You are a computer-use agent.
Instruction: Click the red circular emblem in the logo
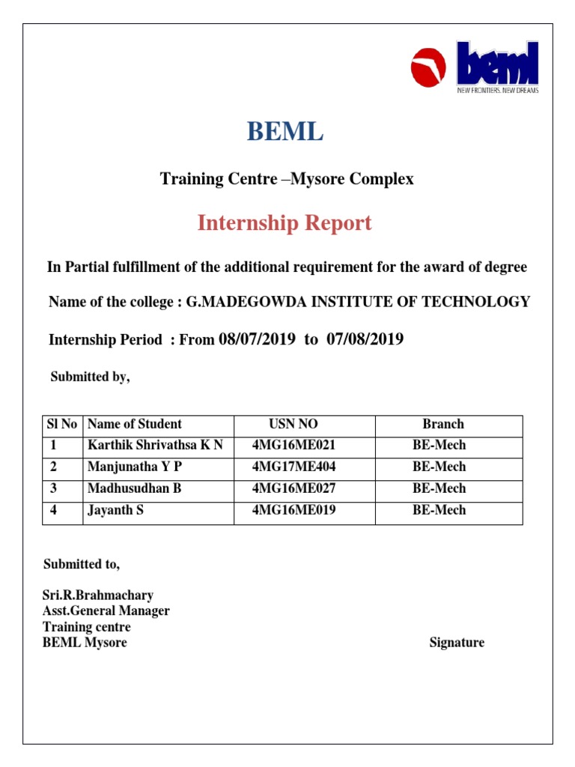point(428,69)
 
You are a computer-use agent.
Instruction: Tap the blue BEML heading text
point(285,133)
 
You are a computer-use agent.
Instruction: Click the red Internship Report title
point(285,222)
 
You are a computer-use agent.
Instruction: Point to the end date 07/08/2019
point(365,339)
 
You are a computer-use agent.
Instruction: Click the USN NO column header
point(293,424)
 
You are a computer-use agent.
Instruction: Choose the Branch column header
point(442,424)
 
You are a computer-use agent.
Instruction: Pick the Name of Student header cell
point(135,424)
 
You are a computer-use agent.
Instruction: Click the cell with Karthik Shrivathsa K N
point(155,445)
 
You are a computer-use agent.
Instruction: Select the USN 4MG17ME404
point(294,467)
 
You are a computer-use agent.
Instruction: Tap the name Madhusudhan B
point(135,488)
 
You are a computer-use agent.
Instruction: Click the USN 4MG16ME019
point(294,510)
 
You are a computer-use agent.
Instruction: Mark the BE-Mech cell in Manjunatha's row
point(439,467)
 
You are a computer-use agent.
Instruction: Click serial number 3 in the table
point(54,488)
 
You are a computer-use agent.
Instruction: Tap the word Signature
point(457,643)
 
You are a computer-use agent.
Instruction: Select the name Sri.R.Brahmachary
point(98,595)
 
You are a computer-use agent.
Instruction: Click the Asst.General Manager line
point(106,611)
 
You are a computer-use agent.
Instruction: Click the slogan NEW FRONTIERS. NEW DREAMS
point(498,91)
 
